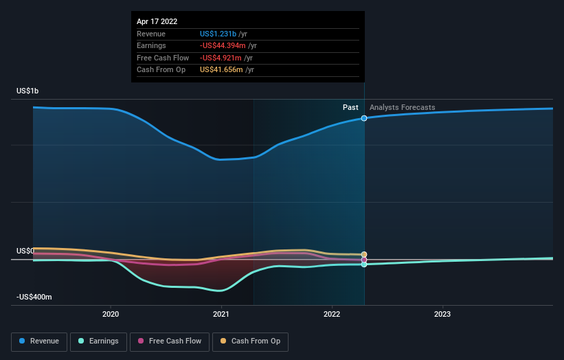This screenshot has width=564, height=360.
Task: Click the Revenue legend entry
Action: click(x=39, y=341)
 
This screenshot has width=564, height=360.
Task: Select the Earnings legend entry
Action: click(x=98, y=341)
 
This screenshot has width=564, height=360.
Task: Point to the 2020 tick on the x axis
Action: click(x=111, y=315)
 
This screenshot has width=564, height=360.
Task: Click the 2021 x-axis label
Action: click(x=221, y=315)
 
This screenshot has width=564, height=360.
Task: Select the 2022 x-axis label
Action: click(x=332, y=315)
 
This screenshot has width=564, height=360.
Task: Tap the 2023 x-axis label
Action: click(x=442, y=315)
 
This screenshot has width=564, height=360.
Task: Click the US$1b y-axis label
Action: click(x=29, y=91)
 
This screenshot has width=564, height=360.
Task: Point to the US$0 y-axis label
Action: click(x=25, y=251)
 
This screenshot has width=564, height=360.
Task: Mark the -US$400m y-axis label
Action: click(x=34, y=297)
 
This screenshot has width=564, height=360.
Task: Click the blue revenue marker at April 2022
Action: click(x=364, y=118)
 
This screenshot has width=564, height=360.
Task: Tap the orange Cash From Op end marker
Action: click(x=364, y=255)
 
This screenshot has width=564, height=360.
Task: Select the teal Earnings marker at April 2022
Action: click(x=364, y=264)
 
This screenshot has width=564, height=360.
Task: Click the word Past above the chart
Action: click(x=350, y=107)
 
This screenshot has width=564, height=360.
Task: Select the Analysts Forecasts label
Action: click(x=402, y=107)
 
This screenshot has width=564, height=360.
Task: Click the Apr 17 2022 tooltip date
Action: click(x=157, y=21)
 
